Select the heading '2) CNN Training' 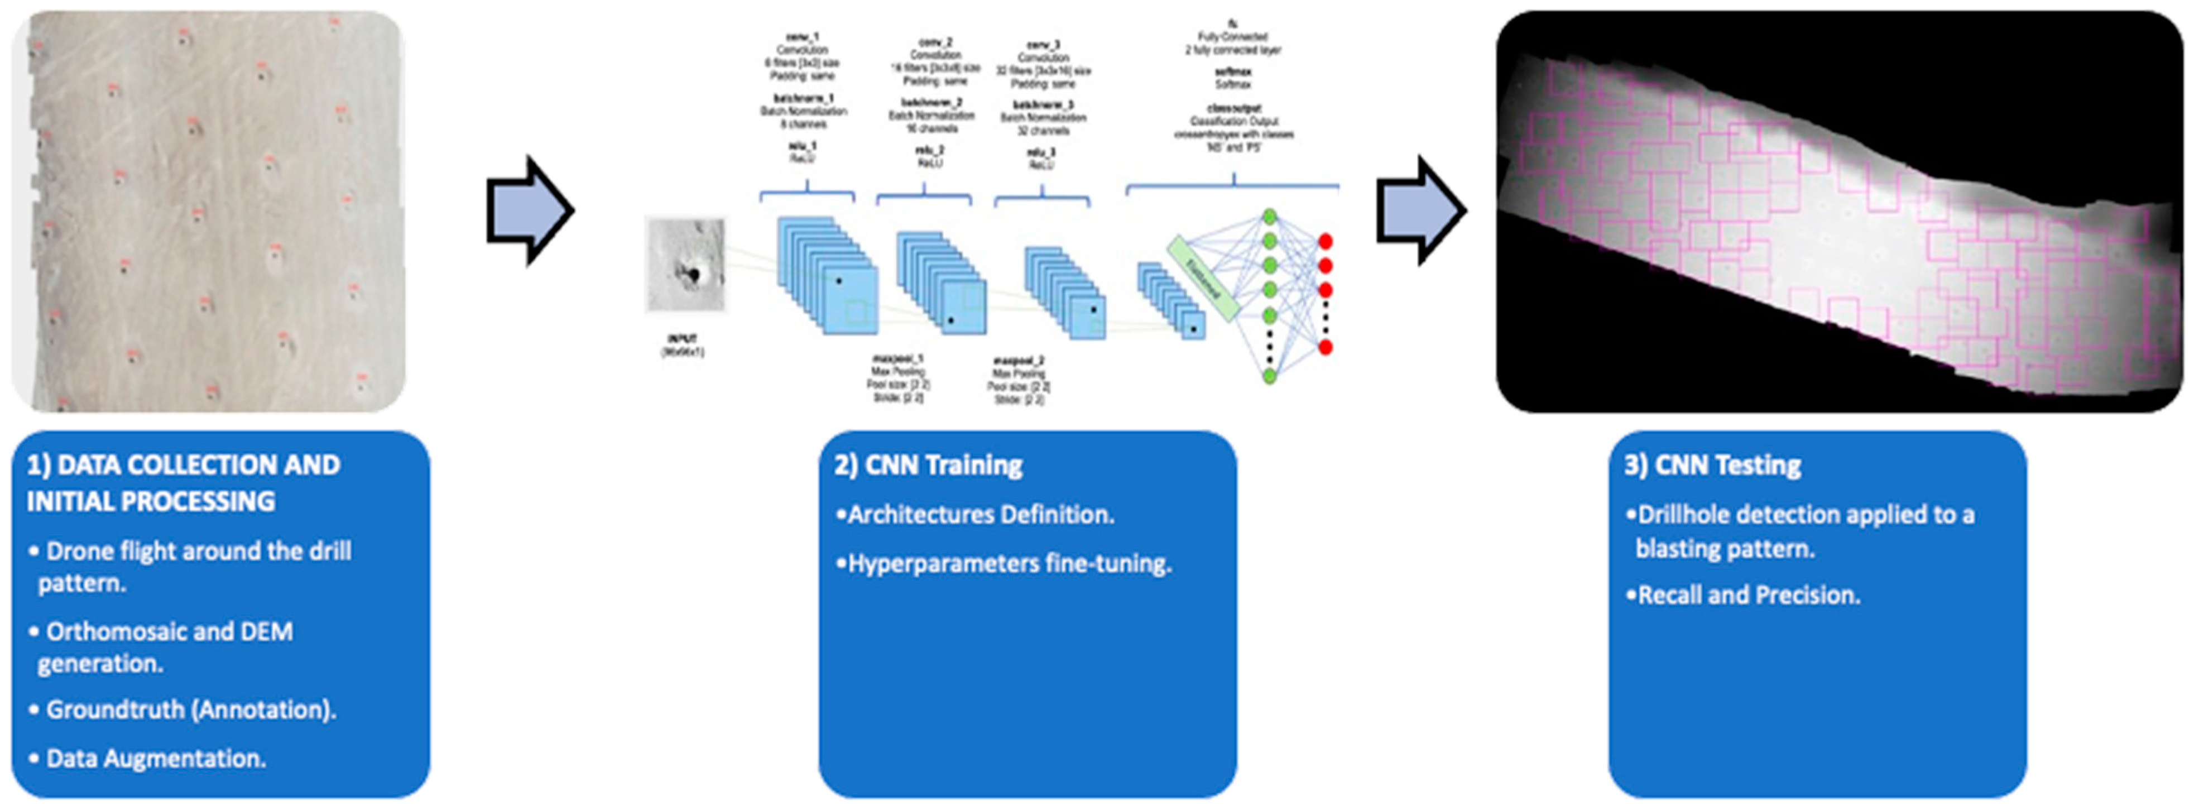pos(928,465)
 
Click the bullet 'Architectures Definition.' pos(980,515)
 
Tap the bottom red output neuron pos(1325,347)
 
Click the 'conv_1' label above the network pos(803,37)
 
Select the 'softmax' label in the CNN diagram pos(1232,73)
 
